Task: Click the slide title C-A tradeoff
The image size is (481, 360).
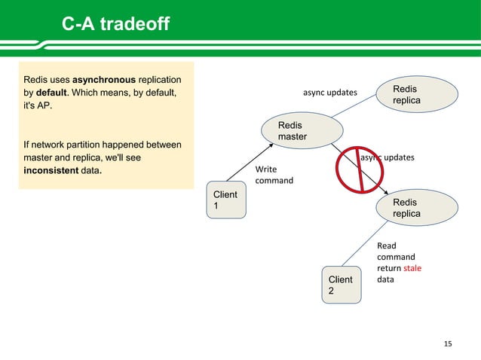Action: pos(115,27)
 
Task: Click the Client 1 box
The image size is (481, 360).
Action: pos(226,201)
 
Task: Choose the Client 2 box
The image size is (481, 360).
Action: pos(340,285)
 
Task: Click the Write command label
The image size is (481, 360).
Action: pos(274,175)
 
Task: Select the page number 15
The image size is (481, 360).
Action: pos(448,344)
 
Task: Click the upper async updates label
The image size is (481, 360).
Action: pos(330,93)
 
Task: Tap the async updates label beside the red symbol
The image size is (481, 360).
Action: pos(388,157)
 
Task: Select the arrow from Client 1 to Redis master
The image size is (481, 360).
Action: pos(253,166)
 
